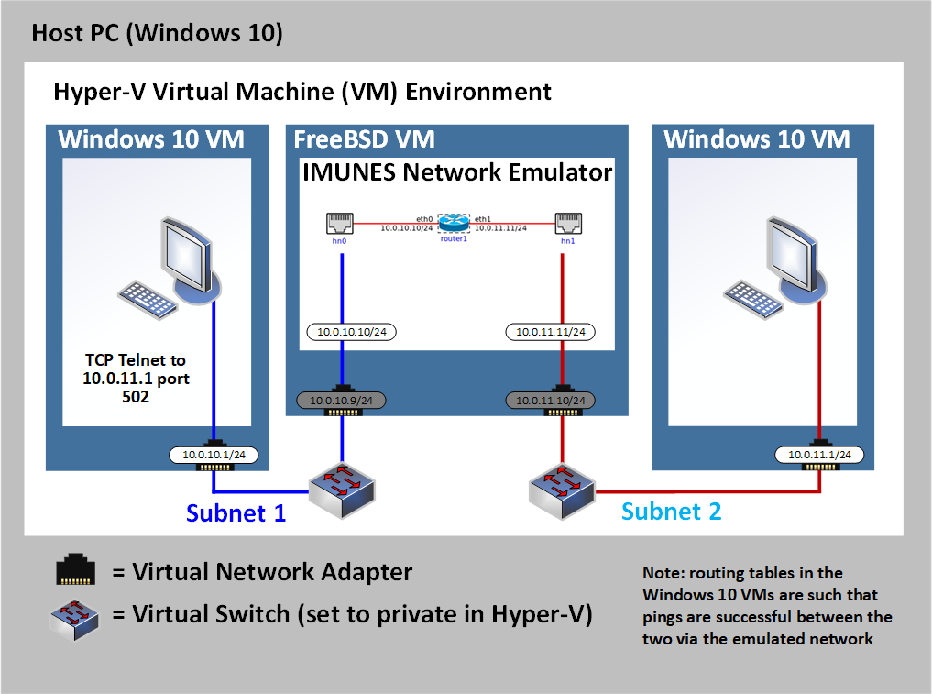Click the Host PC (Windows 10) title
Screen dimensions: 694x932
pyautogui.click(x=157, y=34)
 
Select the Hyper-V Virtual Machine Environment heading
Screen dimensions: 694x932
pyautogui.click(x=302, y=92)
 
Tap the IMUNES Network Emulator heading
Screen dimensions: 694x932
pyautogui.click(x=457, y=172)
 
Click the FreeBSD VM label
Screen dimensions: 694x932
pyautogui.click(x=364, y=139)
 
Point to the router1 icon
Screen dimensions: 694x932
pyautogui.click(x=453, y=223)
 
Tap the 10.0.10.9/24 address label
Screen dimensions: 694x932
pyautogui.click(x=341, y=400)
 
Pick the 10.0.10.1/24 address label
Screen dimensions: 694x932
pyautogui.click(x=214, y=454)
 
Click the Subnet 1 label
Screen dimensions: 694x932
pyautogui.click(x=236, y=512)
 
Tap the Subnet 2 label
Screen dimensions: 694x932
pyautogui.click(x=671, y=511)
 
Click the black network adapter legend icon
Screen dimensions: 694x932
pyautogui.click(x=74, y=572)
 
